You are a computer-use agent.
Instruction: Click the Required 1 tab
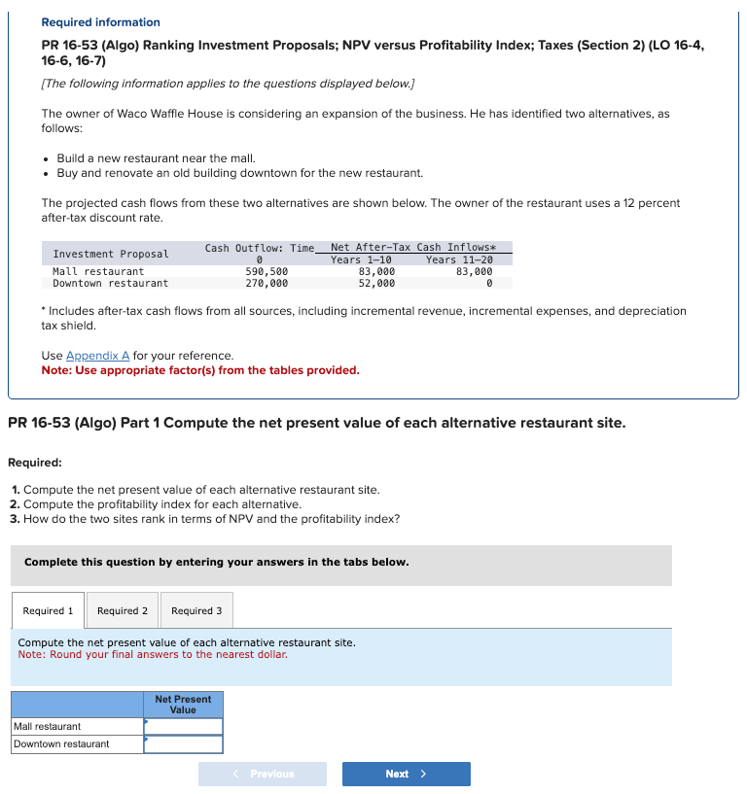click(48, 610)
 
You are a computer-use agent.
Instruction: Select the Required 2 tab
click(123, 610)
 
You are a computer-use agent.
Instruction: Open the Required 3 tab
click(196, 610)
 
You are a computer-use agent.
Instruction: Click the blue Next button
click(406, 774)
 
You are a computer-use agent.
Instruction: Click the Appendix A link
click(101, 356)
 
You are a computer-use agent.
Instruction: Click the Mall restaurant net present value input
click(184, 727)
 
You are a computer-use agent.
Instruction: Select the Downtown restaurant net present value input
click(184, 744)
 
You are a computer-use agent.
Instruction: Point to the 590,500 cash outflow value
click(267, 272)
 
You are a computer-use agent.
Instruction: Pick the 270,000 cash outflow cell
click(267, 284)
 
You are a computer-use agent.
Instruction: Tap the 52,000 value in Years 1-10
click(376, 284)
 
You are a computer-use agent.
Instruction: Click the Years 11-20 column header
click(459, 259)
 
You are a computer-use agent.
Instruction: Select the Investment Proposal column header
click(110, 254)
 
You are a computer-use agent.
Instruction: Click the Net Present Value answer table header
click(183, 705)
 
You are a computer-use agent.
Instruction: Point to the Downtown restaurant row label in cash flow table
click(110, 284)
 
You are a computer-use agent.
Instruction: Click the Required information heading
click(100, 22)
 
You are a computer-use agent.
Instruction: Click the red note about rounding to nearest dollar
click(153, 654)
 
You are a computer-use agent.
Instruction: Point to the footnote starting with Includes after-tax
click(364, 318)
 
